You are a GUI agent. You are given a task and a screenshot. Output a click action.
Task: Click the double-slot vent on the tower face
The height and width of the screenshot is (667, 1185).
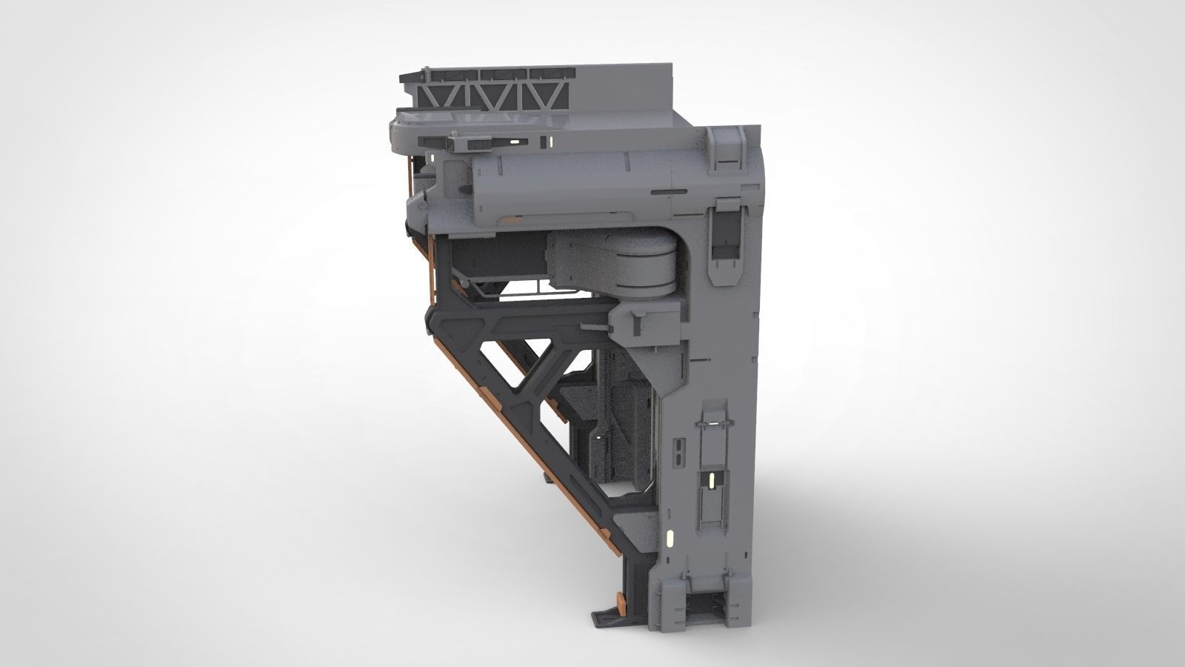coord(679,451)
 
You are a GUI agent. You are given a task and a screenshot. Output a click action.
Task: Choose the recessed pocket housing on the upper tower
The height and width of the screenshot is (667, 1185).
coord(725,240)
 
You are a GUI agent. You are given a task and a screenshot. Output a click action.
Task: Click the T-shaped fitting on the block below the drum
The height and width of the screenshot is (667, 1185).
coord(638,319)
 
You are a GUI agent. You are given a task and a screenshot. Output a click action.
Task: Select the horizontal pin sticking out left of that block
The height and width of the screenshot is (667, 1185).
coord(592,324)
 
